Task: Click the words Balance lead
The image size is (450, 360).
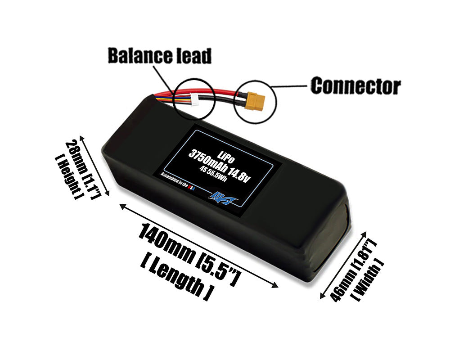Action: click(159, 56)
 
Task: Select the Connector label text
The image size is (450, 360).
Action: click(355, 85)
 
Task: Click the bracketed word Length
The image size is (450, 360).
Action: click(176, 278)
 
